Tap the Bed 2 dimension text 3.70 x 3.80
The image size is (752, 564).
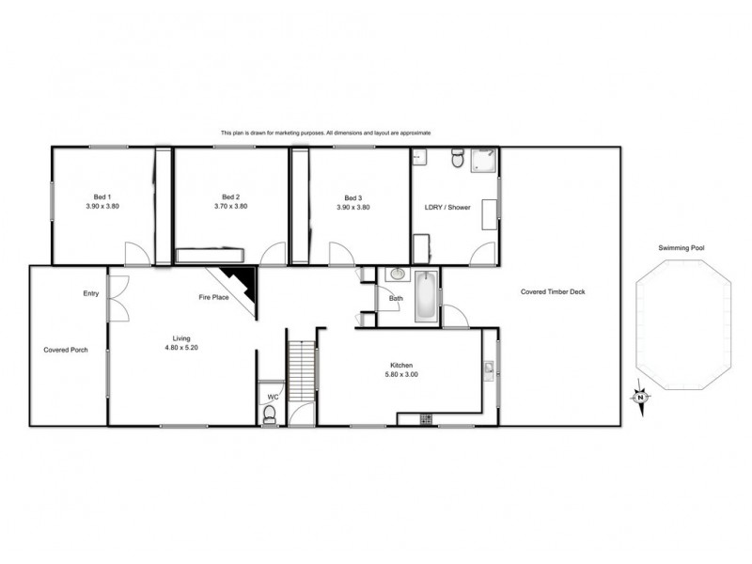coord(230,207)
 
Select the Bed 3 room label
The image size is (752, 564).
coord(352,197)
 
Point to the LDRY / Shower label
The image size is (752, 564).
coord(446,207)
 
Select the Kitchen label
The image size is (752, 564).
coord(402,365)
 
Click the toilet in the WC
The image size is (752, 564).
coord(270,415)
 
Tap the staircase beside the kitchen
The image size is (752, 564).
coord(300,370)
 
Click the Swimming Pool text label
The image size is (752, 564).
coord(681,248)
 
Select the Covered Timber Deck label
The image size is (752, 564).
coord(553,291)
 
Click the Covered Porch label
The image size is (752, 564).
coord(66,350)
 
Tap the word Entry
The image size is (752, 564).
coord(90,294)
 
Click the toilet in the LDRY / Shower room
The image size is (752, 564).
coord(458,159)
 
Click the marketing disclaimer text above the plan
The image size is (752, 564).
coord(325,133)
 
